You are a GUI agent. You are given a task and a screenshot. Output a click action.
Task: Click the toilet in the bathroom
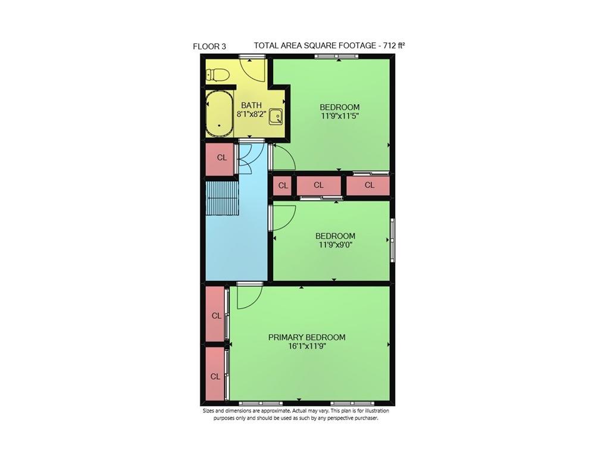click(x=217, y=75)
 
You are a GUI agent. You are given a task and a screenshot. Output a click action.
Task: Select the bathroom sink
click(x=276, y=117)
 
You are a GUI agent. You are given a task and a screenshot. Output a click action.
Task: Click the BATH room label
click(x=251, y=105)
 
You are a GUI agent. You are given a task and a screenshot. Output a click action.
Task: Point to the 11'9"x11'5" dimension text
click(x=339, y=116)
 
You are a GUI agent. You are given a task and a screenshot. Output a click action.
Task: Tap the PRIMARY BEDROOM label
click(x=306, y=337)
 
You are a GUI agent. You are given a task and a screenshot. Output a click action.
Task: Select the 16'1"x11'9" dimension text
click(x=306, y=346)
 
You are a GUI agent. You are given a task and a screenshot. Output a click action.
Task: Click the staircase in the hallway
click(x=222, y=199)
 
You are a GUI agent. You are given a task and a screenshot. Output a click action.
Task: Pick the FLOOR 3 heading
click(x=209, y=46)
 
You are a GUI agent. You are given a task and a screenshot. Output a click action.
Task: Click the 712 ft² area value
click(x=395, y=45)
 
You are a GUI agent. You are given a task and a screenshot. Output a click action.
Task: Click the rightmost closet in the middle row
click(x=368, y=186)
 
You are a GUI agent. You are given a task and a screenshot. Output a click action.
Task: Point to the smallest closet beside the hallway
click(x=283, y=186)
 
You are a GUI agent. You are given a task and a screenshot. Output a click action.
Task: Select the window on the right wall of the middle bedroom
click(x=392, y=240)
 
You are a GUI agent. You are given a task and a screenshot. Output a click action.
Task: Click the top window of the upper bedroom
click(x=337, y=57)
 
